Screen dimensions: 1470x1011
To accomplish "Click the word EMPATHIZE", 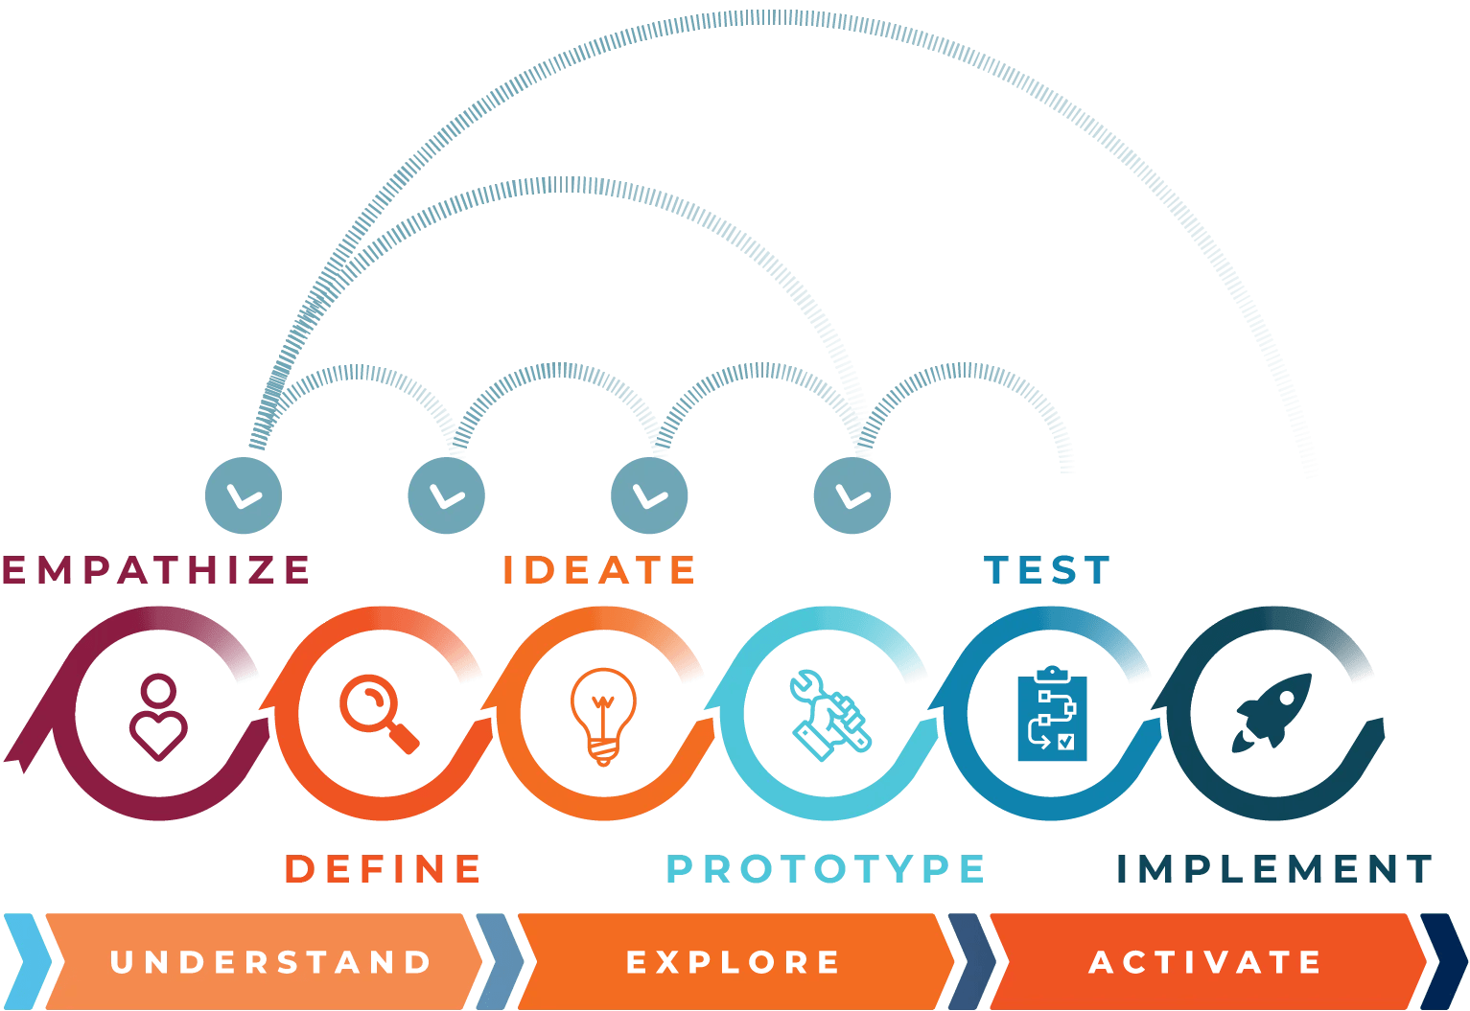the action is pyautogui.click(x=156, y=569).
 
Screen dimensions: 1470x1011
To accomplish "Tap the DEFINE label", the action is pyautogui.click(x=384, y=869).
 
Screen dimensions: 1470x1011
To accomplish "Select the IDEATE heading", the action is pyautogui.click(x=599, y=570).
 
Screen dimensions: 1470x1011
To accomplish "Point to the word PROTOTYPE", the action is pyautogui.click(x=826, y=869).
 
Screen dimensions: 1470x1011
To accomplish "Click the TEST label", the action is pyautogui.click(x=1047, y=570).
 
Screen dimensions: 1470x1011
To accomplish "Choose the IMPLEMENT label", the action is pyautogui.click(x=1274, y=869).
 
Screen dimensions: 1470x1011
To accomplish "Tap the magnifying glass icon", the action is pyautogui.click(x=379, y=714).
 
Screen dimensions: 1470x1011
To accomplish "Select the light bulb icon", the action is pyautogui.click(x=603, y=715).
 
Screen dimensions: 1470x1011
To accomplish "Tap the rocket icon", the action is pyautogui.click(x=1273, y=711).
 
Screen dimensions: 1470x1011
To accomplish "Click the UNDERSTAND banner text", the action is pyautogui.click(x=271, y=961).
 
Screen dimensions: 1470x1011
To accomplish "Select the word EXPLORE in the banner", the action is pyautogui.click(x=734, y=961).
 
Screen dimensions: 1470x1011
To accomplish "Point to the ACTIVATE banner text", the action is pyautogui.click(x=1206, y=961).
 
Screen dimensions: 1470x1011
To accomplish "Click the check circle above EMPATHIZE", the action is pyautogui.click(x=244, y=495).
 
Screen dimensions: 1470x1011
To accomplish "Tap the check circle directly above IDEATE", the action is pyautogui.click(x=649, y=495).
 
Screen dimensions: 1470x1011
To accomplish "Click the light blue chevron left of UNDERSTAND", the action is pyautogui.click(x=25, y=961).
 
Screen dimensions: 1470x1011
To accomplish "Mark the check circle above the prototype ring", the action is pyautogui.click(x=852, y=495).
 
